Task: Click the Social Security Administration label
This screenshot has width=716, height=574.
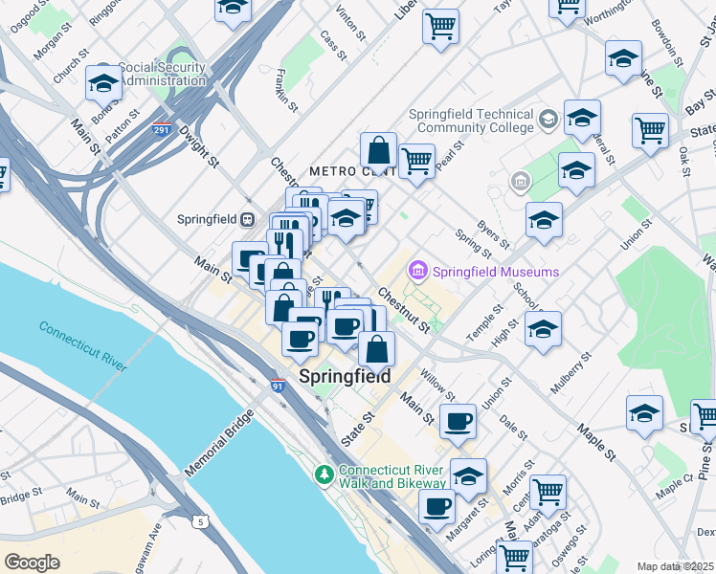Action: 160,75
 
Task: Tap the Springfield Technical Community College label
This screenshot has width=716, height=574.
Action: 471,121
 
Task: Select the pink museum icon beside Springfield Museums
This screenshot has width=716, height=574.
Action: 418,272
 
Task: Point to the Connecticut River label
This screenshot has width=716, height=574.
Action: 83,345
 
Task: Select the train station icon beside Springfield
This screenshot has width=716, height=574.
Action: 248,219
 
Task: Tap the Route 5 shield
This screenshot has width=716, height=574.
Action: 200,521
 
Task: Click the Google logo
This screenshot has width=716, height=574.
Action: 32,563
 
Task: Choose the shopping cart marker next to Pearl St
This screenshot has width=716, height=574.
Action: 417,161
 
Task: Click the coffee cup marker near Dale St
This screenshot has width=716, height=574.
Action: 458,420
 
